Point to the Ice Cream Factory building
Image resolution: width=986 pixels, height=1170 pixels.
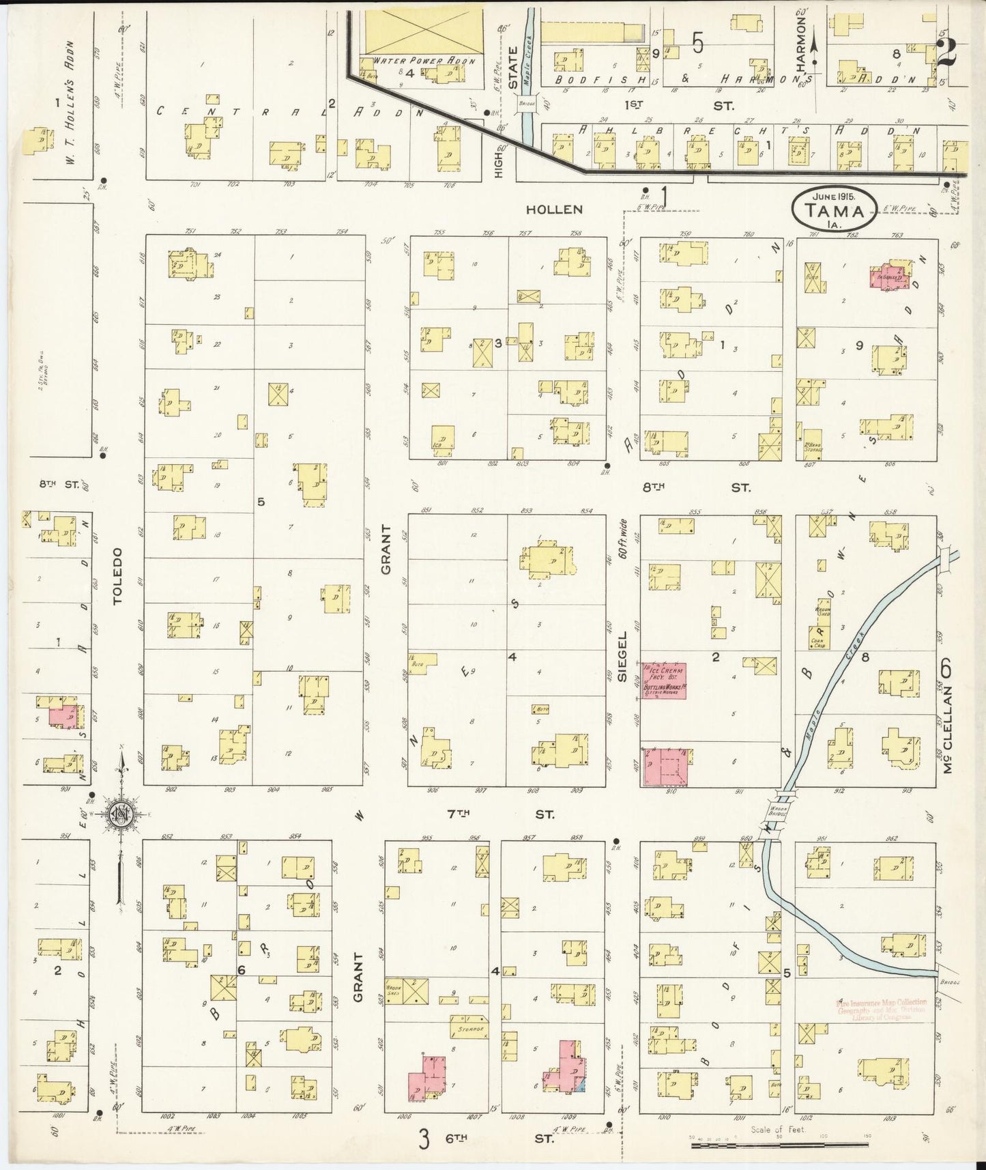[x=664, y=681]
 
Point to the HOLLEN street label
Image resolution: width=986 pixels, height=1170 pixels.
[x=554, y=210]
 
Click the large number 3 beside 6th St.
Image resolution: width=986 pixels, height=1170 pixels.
[x=424, y=1139]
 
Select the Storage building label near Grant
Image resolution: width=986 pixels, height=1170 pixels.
[x=469, y=1027]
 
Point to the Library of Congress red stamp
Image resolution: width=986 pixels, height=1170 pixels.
[x=880, y=1009]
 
